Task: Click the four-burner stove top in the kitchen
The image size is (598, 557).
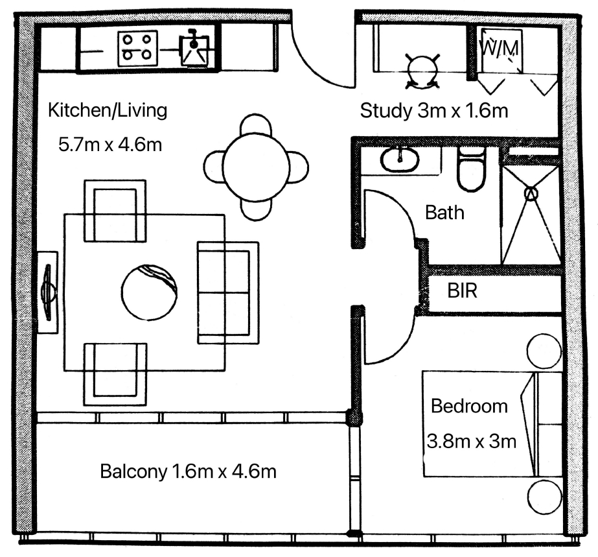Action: coord(138,48)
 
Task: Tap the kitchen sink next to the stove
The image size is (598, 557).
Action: coord(194,51)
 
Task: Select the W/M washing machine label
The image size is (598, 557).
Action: coord(499,48)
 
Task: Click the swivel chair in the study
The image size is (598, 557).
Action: coord(422,71)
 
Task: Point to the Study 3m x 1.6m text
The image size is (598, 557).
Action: coord(434,111)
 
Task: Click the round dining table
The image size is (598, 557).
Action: coord(257,167)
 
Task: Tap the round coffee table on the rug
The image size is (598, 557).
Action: coord(149,292)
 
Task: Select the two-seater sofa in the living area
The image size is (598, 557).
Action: coord(228,293)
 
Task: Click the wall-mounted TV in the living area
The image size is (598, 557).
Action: coord(48,292)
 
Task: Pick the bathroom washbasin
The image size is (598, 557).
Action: coord(399,159)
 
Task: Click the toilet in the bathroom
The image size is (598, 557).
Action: coord(472,169)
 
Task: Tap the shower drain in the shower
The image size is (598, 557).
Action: coord(531,194)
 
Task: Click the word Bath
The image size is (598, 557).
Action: coord(444,213)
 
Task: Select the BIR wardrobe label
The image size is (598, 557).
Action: coord(462,291)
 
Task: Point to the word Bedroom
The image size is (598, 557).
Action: coord(470,406)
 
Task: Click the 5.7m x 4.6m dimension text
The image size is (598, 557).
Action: coord(110,145)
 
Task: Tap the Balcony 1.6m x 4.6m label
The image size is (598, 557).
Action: coord(188,471)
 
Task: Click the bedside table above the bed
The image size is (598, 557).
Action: coord(544,351)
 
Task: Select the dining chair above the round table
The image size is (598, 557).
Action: coord(257,124)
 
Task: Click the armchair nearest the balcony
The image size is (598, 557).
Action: coord(115,374)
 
